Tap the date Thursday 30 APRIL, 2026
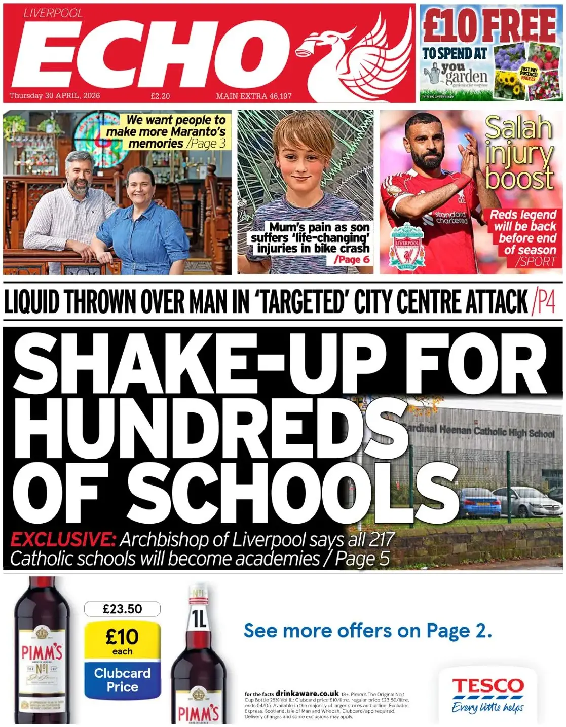(55, 96)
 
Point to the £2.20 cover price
(160, 96)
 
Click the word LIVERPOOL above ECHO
(53, 13)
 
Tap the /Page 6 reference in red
(352, 260)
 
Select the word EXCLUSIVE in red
(63, 539)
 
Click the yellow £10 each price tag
(122, 641)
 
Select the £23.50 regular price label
(122, 609)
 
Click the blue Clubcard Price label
(122, 680)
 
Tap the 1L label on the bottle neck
(199, 618)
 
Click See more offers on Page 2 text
(367, 631)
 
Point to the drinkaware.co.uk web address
(307, 693)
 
